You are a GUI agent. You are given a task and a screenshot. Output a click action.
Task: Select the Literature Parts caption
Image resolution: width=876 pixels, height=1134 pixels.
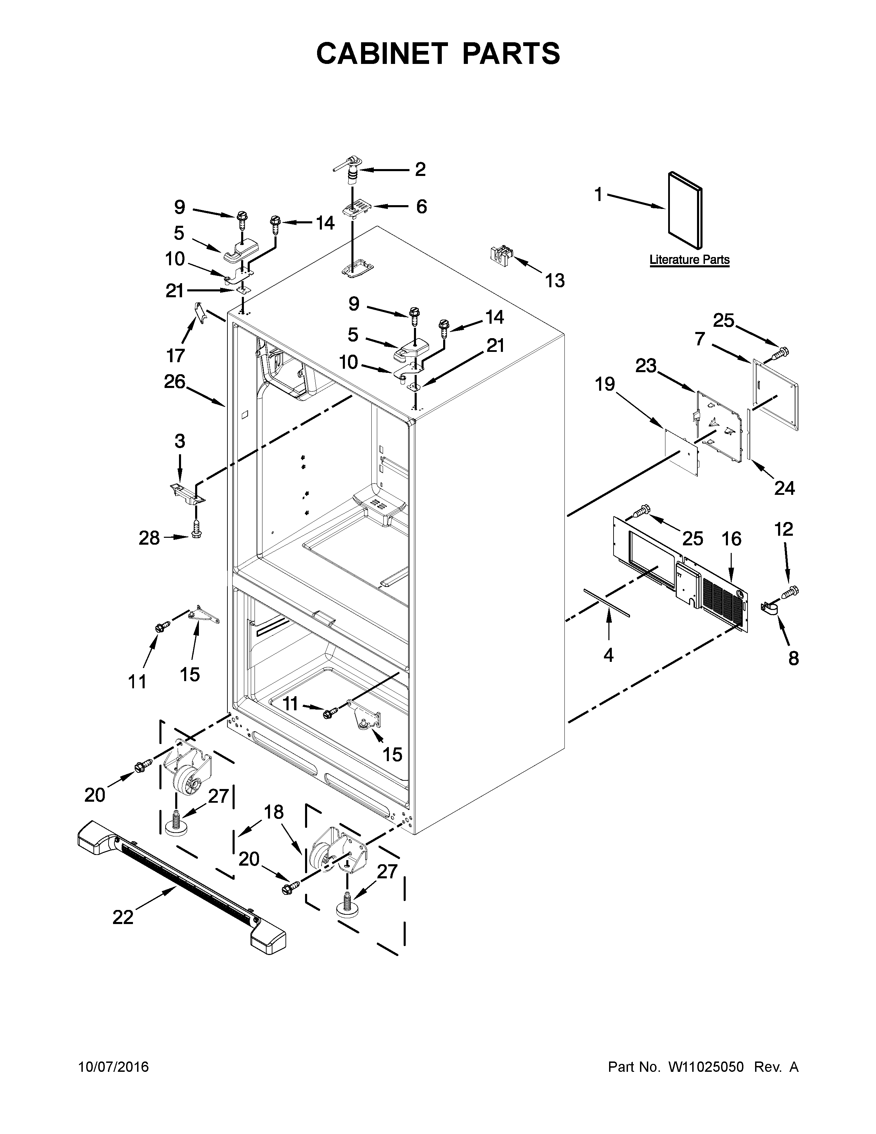(x=689, y=259)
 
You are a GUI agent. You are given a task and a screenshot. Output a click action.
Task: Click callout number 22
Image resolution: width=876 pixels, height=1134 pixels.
(x=123, y=918)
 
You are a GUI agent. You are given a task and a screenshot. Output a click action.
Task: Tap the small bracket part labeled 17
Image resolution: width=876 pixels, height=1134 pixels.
(x=198, y=312)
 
